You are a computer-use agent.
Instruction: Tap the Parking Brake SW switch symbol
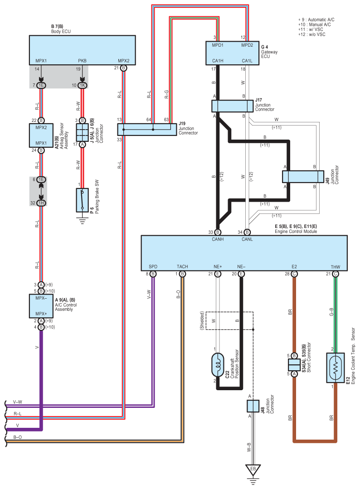pyautogui.click(x=82, y=200)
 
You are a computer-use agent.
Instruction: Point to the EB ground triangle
pyautogui.click(x=253, y=470)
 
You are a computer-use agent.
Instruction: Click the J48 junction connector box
pyautogui.click(x=253, y=406)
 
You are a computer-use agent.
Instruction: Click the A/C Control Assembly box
pyautogui.click(x=41, y=306)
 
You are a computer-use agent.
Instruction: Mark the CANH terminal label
pyautogui.click(x=218, y=239)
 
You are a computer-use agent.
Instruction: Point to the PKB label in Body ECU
pyautogui.click(x=82, y=60)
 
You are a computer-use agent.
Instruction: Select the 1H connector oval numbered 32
pyautogui.click(x=41, y=203)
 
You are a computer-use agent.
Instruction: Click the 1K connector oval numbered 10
pyautogui.click(x=82, y=85)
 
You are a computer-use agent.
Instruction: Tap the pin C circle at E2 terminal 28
pyautogui.click(x=294, y=274)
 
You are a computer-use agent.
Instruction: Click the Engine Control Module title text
pyautogui.click(x=296, y=231)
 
